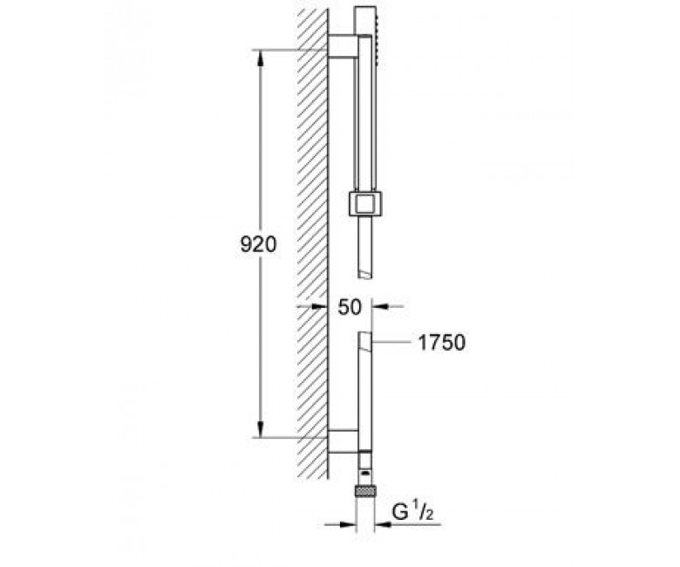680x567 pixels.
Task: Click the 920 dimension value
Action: pos(258,244)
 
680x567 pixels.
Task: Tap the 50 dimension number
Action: pos(350,307)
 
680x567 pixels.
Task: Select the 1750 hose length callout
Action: pos(441,342)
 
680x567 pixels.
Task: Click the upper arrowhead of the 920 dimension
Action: pos(260,58)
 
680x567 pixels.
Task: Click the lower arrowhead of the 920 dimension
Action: pos(260,429)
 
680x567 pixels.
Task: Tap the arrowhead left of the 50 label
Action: pos(320,306)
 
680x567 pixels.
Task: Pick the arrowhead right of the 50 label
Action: pos(381,306)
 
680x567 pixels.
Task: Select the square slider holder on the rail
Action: pos(362,203)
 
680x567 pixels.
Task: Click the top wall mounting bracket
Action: pos(343,46)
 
